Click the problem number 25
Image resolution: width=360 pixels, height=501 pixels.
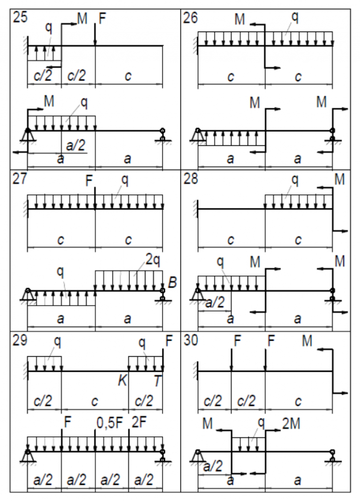point(21,18)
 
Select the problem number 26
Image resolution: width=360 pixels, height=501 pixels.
point(191,18)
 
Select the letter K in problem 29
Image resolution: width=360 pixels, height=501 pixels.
point(123,381)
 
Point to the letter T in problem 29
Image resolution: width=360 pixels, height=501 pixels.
point(158,381)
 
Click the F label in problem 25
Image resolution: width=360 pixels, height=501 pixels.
point(102,19)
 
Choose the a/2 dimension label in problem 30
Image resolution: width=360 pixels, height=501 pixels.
point(214,466)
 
